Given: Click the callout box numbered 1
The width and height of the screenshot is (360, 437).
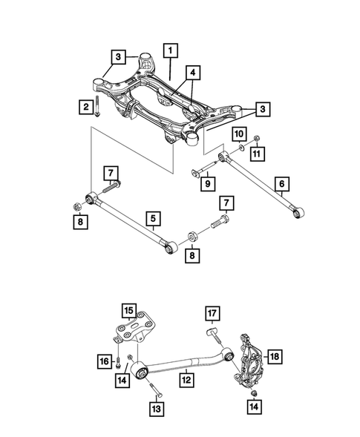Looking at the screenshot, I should click(171, 51).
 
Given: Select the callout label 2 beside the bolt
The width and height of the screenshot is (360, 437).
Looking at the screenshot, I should click(86, 109).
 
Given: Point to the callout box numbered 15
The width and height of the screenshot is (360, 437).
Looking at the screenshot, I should click(129, 310).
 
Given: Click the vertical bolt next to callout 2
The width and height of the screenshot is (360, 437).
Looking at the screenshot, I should click(99, 110).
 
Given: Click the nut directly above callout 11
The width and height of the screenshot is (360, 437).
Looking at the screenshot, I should click(255, 138).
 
